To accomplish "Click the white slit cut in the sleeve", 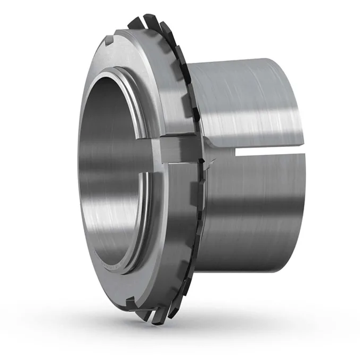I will (266, 153).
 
